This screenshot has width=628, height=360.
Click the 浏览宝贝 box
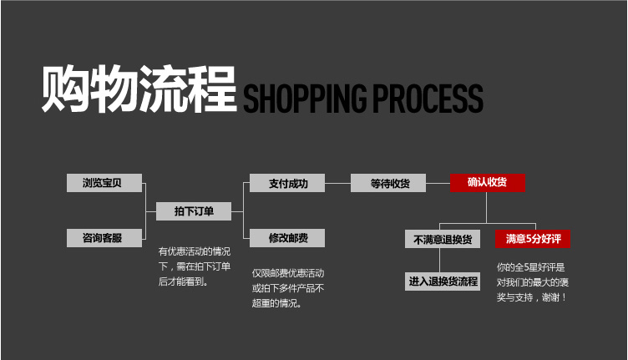pos(104,183)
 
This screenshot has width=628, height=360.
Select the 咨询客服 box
pos(104,238)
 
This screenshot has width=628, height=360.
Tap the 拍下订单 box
pos(194,211)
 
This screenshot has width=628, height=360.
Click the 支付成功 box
pos(287,183)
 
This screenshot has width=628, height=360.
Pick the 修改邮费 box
pos(287,238)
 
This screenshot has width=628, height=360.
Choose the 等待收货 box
pos(387,183)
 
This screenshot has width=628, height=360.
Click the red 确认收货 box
pos(488,183)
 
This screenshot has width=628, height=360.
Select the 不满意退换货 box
pos(443,239)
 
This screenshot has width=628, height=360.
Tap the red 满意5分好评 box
pos(533,239)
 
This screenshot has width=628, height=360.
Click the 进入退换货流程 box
pos(443,281)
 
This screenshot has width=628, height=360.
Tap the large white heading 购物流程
pos(139,87)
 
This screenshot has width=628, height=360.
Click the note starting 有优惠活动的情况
pos(194,266)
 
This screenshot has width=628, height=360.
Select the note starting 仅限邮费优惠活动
pos(287,288)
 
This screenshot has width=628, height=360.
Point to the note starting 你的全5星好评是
pos(532,281)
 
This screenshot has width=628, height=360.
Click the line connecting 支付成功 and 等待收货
pos(337,183)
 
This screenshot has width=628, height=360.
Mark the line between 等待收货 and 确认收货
pos(437,183)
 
